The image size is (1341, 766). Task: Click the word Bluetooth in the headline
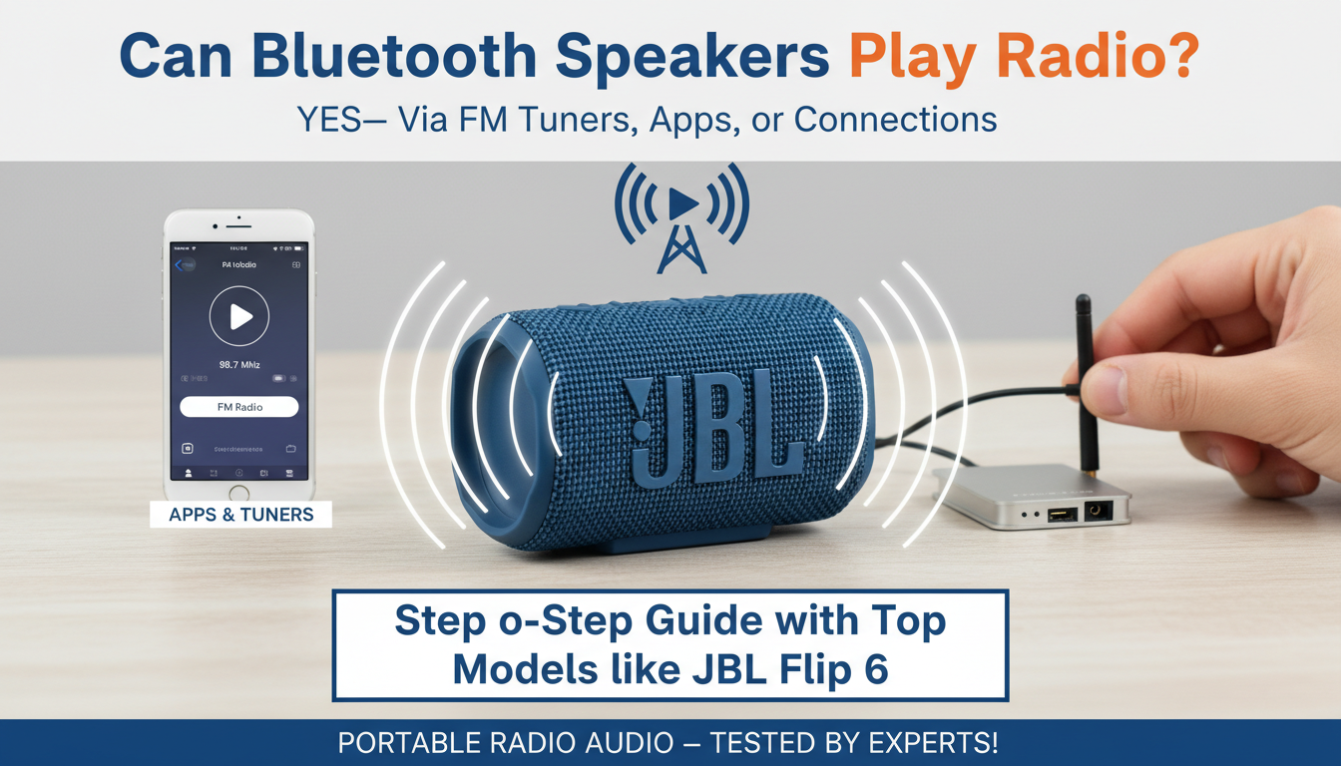(x=413, y=57)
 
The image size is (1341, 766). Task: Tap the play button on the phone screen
(x=239, y=316)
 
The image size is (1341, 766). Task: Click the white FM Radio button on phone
(x=239, y=407)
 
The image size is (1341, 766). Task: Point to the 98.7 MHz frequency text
(x=239, y=365)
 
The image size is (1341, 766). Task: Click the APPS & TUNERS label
(x=241, y=515)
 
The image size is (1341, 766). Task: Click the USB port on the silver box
(x=1062, y=513)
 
